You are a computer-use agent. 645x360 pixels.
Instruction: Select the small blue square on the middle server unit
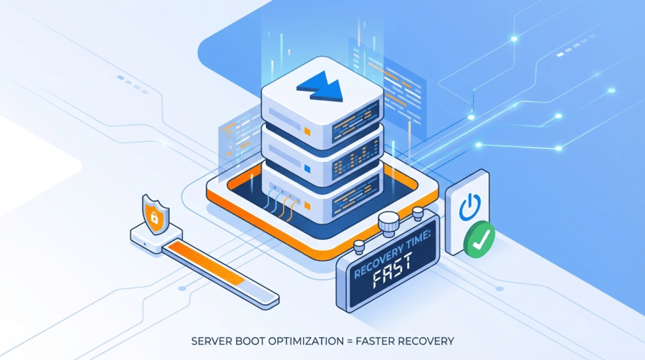(x=308, y=169)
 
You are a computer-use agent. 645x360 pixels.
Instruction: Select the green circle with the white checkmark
(x=479, y=240)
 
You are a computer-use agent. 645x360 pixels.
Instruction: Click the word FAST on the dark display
(x=393, y=283)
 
